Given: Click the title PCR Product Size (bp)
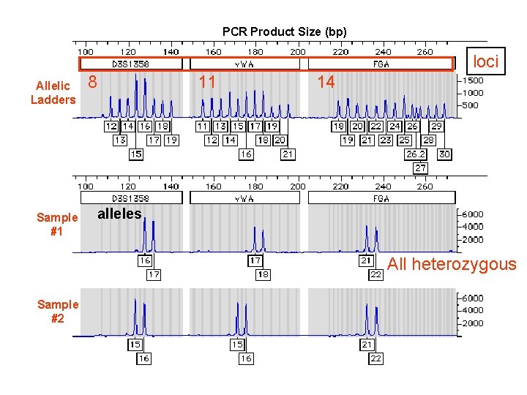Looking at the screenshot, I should pos(285,31).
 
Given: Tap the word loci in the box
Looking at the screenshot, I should pos(485,62).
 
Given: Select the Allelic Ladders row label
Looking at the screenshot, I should pos(53,92).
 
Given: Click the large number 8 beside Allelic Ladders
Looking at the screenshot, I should pos(92,82).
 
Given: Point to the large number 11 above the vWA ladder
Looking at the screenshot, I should pos(207,82).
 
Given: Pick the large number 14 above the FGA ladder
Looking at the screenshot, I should pos(326,82).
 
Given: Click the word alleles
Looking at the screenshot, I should pos(119,214).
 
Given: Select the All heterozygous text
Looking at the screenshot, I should pos(452,264).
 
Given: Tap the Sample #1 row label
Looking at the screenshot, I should pos(57,224).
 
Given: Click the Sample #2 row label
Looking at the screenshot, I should pos(57,312).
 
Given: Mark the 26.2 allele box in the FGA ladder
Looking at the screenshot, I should pos(415,154).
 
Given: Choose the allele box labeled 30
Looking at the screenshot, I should pos(444,154).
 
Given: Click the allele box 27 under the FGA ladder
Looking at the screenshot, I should pos(420,168).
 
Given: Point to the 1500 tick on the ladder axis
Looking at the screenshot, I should pos(472,80).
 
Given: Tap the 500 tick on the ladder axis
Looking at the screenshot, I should pos(472,105).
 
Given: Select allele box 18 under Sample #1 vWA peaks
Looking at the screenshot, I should pos(262,274).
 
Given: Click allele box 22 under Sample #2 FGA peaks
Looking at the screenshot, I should pos(375,358).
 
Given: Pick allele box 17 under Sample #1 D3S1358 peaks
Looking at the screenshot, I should pos(154,274).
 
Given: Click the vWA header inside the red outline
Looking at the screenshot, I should pos(244,64).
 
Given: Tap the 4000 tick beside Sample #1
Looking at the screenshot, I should pos(472,227).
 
